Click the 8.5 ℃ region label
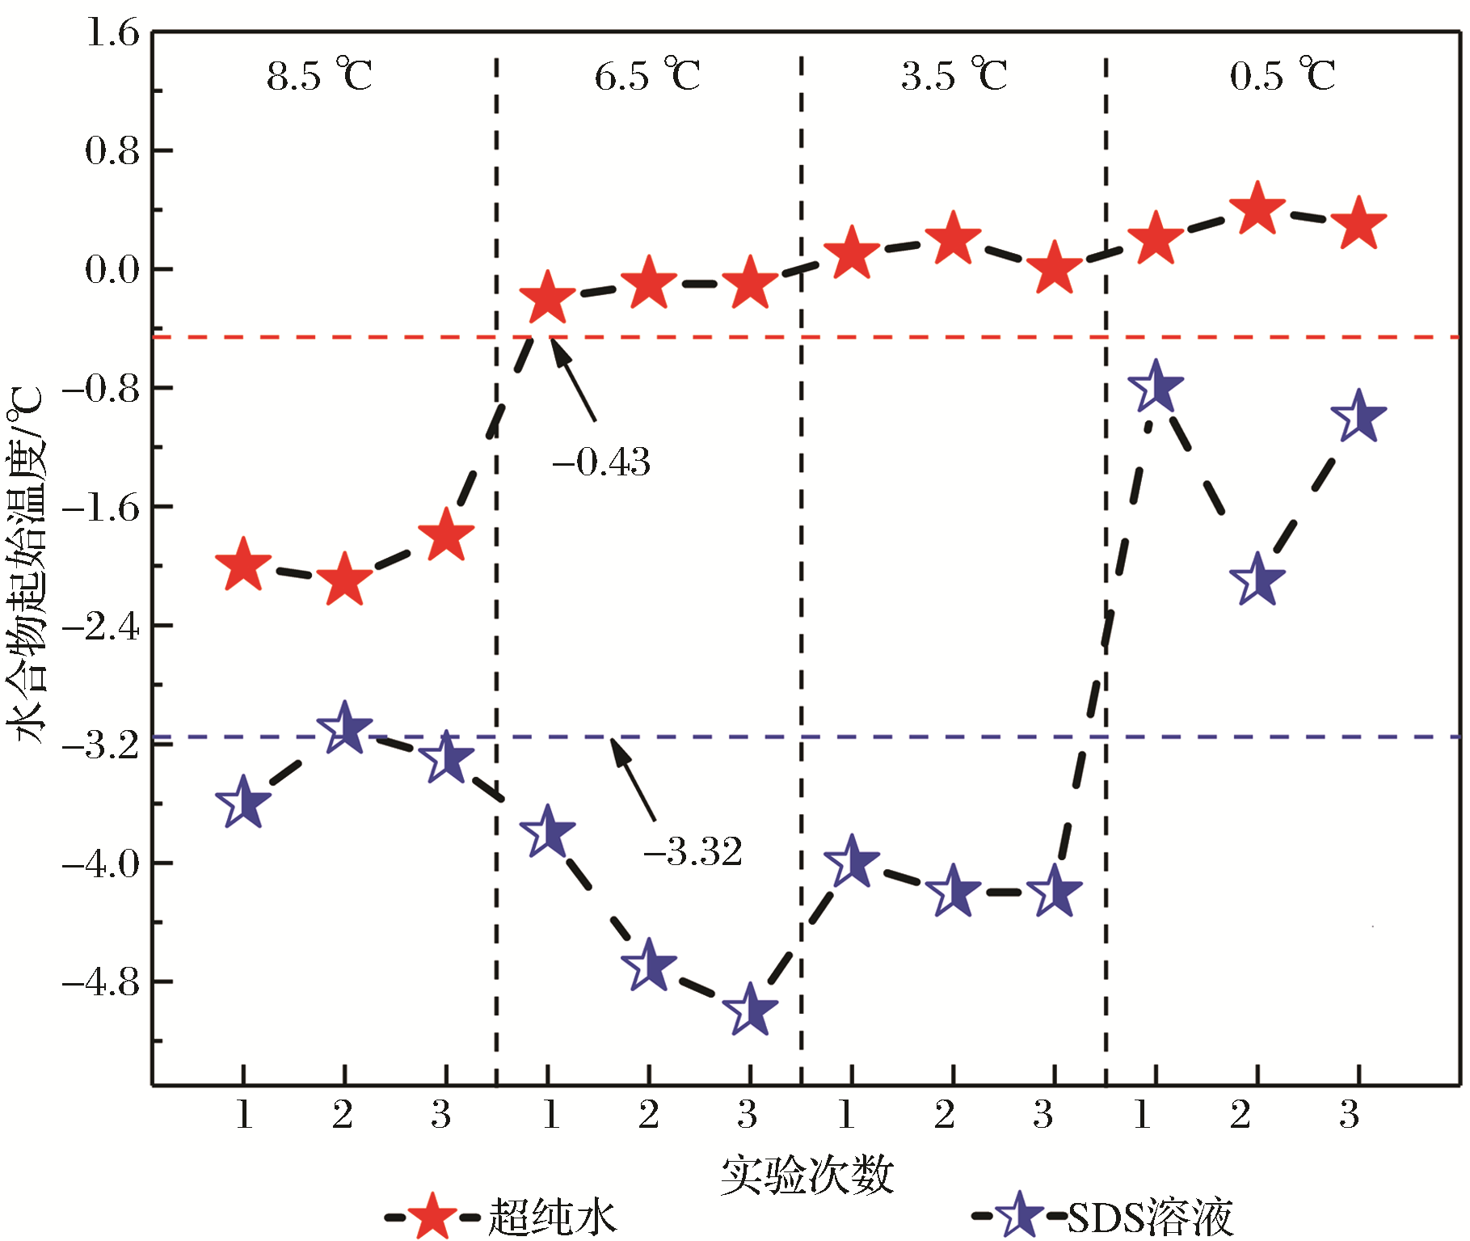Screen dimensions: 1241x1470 pos(319,76)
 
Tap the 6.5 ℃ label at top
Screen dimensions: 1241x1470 pos(647,76)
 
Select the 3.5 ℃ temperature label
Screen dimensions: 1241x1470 pos(954,76)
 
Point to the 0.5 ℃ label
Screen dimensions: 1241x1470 pos(1283,76)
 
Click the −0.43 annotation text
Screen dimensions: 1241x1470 pos(601,462)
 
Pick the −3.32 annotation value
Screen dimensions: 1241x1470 pos(693,851)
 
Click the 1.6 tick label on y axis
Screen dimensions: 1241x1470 pos(112,34)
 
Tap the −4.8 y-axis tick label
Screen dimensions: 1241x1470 pos(100,982)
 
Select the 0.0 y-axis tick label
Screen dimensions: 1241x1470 pos(112,270)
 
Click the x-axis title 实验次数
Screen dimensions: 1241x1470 pos(807,1175)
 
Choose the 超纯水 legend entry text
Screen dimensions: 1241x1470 pos(553,1218)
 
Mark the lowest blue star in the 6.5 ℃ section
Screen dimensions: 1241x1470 pos(750,1011)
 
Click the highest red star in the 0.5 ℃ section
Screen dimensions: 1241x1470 pos(1257,209)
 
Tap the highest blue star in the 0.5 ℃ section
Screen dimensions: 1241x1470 pos(1156,386)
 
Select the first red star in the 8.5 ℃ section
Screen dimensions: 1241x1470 pos(243,565)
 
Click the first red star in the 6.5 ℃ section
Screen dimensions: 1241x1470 pos(547,298)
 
